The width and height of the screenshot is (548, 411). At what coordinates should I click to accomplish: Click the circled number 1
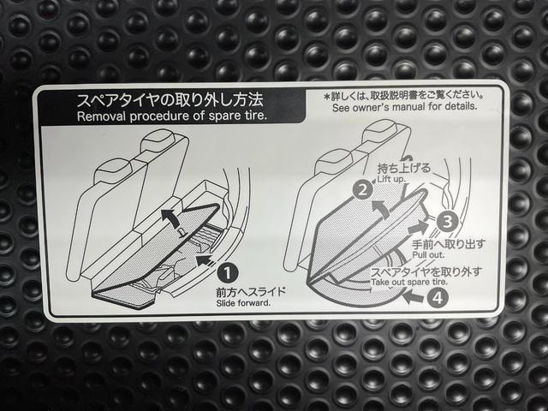click(228, 273)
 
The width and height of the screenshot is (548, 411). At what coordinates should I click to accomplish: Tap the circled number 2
click(363, 190)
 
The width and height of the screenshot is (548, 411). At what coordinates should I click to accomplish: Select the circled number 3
click(447, 221)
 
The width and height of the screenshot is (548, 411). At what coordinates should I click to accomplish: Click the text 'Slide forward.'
click(243, 303)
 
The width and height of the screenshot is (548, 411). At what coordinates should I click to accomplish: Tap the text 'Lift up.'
click(391, 179)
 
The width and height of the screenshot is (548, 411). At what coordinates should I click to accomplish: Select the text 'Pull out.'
click(428, 255)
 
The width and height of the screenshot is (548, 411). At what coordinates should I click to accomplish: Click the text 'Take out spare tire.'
click(409, 282)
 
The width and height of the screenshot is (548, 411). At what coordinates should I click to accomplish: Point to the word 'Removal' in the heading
click(101, 116)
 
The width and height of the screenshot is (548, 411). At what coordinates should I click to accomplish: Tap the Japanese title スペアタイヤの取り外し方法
click(170, 100)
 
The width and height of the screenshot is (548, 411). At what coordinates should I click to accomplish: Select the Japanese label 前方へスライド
click(251, 292)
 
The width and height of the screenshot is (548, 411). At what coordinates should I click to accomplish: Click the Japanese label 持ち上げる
click(404, 168)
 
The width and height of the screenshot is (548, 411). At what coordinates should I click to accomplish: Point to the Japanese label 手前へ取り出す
click(449, 244)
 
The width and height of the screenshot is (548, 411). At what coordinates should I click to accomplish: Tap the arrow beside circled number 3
click(419, 228)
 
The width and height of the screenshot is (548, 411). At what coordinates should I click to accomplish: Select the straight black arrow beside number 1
click(205, 261)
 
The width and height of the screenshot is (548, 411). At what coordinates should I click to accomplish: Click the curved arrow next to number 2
click(379, 209)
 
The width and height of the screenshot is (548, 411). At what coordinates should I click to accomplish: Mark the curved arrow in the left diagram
click(170, 218)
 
